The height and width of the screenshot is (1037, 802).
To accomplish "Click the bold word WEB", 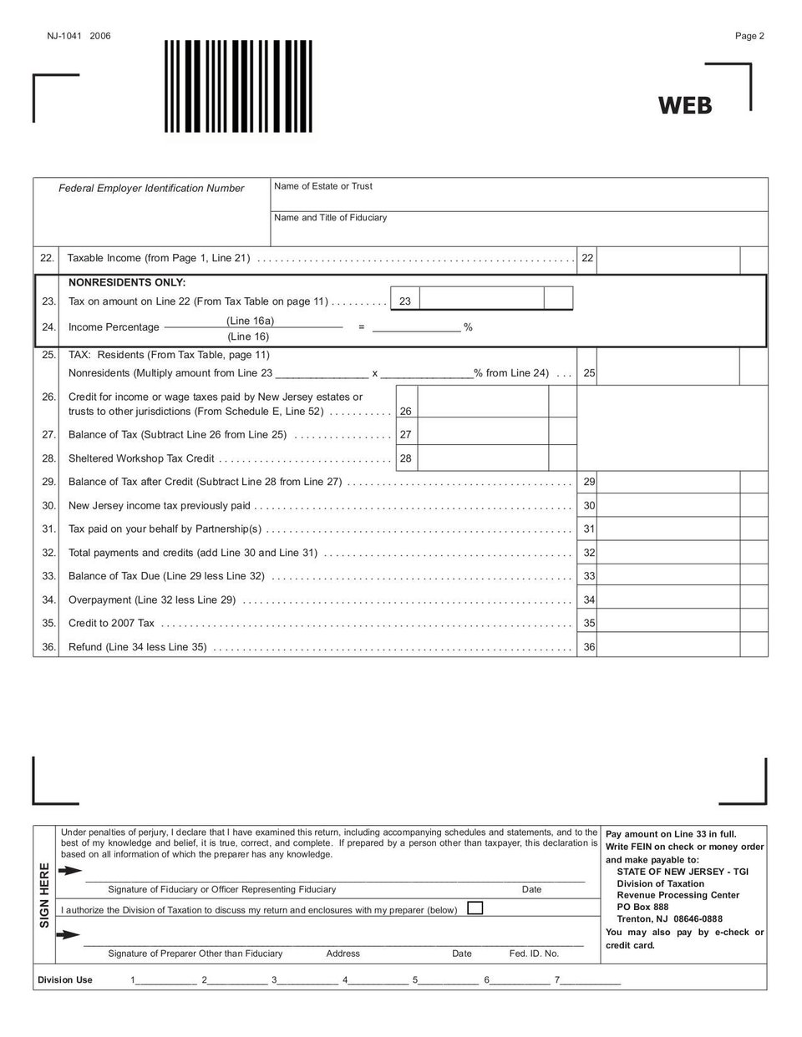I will (x=684, y=105).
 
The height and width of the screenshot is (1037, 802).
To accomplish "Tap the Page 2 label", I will (x=749, y=36).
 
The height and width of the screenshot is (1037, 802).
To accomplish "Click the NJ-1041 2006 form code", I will (x=79, y=36).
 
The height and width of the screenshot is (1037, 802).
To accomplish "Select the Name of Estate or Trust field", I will (x=518, y=198).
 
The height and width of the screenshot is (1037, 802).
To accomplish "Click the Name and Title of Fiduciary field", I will (x=518, y=230).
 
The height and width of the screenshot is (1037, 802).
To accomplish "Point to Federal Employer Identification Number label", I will (x=151, y=189).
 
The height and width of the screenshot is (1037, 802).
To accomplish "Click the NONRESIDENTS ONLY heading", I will (x=127, y=282).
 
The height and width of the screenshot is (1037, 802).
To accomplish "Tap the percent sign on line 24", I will (x=468, y=327).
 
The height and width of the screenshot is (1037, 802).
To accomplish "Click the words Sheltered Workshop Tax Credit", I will (x=141, y=458).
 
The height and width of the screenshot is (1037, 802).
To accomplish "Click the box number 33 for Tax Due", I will (x=589, y=576).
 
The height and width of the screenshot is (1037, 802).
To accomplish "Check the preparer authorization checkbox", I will (x=475, y=908).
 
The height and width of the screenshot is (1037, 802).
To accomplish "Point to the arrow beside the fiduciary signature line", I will (x=69, y=871).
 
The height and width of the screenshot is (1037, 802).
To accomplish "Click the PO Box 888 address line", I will (x=642, y=908).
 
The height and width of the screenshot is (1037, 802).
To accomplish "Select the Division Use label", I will (x=65, y=980).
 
